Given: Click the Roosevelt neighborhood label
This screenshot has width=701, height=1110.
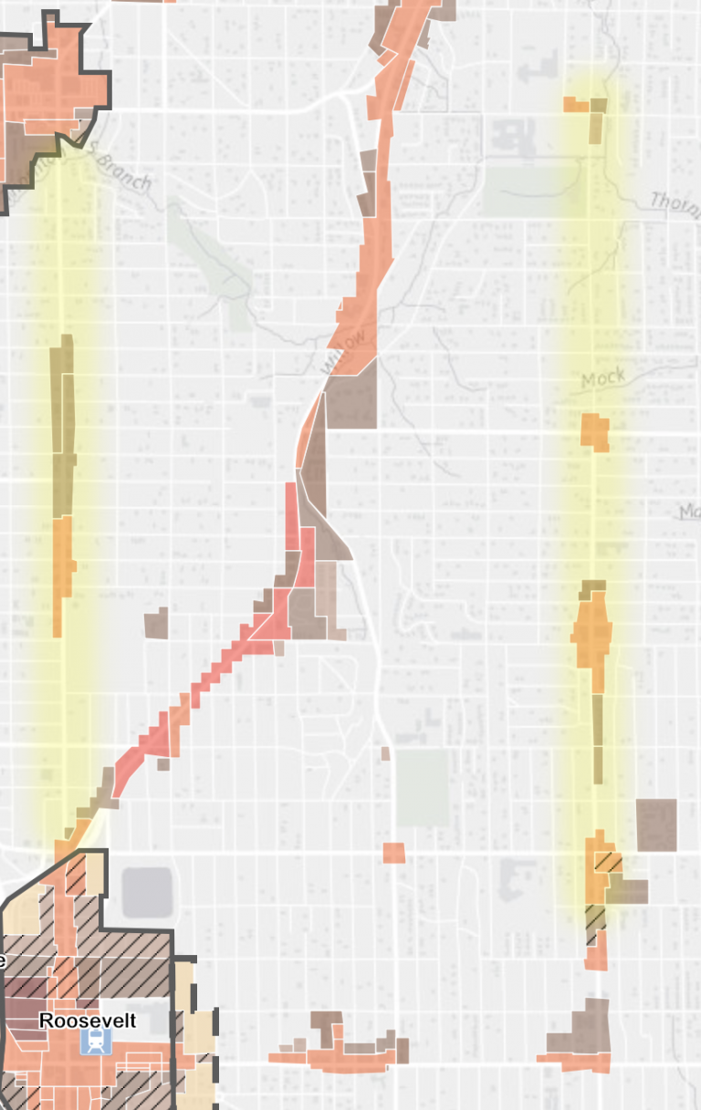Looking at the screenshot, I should coord(88,1021).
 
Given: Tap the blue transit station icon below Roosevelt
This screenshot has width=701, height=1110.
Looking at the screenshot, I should coord(91,1043).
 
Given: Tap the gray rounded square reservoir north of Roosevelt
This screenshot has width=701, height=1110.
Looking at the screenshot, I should coord(147,892).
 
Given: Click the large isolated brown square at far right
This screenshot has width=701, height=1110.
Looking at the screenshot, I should coord(657,825).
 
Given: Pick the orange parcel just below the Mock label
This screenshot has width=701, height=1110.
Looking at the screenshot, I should coord(595,431).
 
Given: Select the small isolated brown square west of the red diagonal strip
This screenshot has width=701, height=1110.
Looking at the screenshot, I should coord(156,622).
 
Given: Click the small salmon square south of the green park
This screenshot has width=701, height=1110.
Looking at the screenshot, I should coord(393,853).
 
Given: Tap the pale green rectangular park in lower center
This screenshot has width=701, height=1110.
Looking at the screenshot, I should coord(422,788).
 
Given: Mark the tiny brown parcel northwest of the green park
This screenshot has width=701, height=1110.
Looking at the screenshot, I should coord(385,753).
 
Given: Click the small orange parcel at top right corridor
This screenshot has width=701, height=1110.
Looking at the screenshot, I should coord(576,105).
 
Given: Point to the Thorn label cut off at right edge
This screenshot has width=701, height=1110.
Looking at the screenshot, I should coord(675,201).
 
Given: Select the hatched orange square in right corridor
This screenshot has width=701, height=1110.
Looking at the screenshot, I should coord(607,862).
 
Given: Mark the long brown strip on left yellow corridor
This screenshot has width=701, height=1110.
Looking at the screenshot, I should coord(62,410).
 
